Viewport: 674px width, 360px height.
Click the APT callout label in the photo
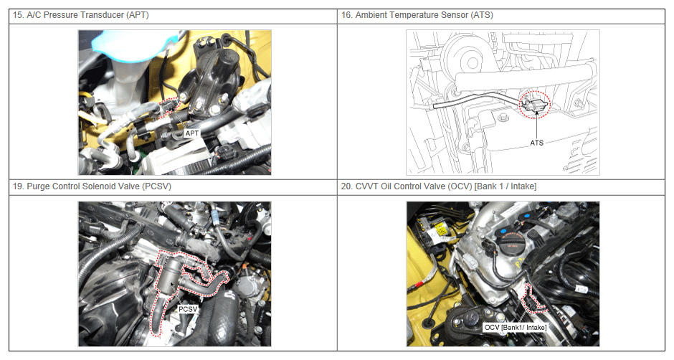pyautogui.click(x=191, y=133)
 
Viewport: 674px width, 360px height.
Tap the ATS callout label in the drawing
pyautogui.click(x=536, y=143)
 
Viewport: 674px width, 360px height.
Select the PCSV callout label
pyautogui.click(x=188, y=309)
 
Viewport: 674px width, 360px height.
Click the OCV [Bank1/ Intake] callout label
pyautogui.click(x=516, y=327)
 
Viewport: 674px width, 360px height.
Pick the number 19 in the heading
pyautogui.click(x=17, y=186)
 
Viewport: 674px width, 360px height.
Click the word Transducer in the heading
pyautogui.click(x=103, y=15)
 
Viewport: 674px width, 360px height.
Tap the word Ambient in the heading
pyautogui.click(x=371, y=15)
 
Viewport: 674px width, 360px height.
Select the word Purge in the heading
pyautogui.click(x=38, y=186)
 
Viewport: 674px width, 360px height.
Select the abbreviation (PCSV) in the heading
pyautogui.click(x=156, y=186)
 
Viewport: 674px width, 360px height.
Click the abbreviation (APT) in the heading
pyautogui.click(x=137, y=15)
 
